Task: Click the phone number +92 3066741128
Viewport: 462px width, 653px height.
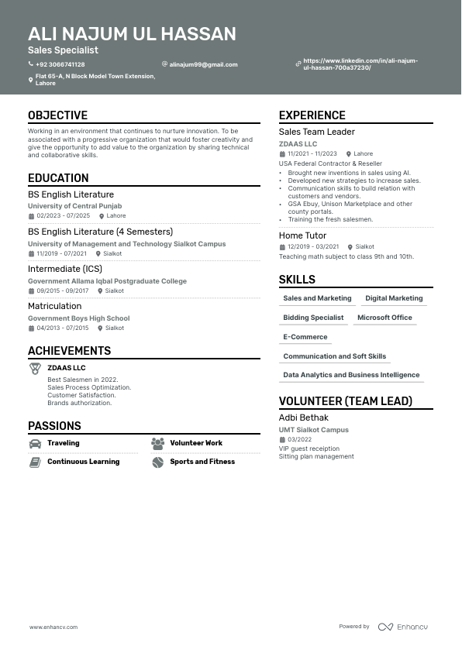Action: click(60, 64)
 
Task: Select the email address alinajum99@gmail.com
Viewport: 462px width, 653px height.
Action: click(203, 64)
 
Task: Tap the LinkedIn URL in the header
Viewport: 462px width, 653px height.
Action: click(360, 64)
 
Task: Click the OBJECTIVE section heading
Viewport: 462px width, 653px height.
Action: click(58, 115)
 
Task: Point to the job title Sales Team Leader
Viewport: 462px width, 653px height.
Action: click(317, 132)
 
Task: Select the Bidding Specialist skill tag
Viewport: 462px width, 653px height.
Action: click(313, 318)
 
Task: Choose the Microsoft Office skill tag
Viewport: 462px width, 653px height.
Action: click(384, 318)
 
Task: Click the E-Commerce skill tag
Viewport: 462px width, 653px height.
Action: click(305, 337)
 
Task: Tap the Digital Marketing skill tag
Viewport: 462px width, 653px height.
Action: click(394, 298)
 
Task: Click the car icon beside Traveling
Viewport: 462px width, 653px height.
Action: click(35, 444)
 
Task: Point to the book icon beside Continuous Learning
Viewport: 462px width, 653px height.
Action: click(35, 462)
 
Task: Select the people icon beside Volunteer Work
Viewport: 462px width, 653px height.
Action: click(158, 444)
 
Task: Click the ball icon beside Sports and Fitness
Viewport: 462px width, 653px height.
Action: click(158, 462)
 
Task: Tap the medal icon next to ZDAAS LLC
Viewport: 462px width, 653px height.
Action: click(36, 369)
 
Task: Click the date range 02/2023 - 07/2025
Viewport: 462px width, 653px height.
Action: click(64, 216)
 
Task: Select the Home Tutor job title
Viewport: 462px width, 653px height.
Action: click(302, 235)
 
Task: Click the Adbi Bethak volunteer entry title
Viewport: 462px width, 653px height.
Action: click(304, 418)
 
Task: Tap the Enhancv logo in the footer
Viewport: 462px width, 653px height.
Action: click(403, 627)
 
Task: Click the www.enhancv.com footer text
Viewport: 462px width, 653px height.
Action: click(53, 627)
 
